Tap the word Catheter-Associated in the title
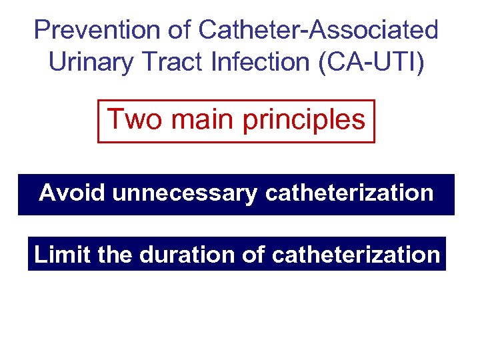[319, 30]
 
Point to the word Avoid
[73, 193]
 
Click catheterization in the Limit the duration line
[356, 255]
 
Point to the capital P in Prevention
[42, 30]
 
